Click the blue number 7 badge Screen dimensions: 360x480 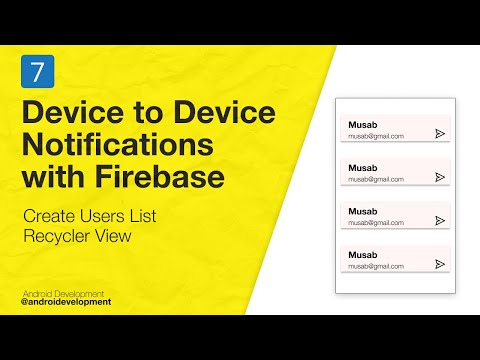(35, 72)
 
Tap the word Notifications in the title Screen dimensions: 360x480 (117, 144)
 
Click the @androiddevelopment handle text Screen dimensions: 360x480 (66, 301)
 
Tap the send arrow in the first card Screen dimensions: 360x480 (440, 133)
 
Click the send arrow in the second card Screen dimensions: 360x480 (440, 177)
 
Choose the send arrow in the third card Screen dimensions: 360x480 (440, 221)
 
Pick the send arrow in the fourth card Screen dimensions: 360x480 (440, 264)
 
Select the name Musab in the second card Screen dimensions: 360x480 (362, 167)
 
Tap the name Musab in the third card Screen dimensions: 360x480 (362, 211)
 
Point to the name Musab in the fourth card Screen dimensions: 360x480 (362, 255)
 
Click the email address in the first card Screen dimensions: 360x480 (375, 136)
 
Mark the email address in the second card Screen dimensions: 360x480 (375, 180)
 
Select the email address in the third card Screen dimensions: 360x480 (375, 223)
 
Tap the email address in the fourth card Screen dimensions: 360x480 (375, 267)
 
